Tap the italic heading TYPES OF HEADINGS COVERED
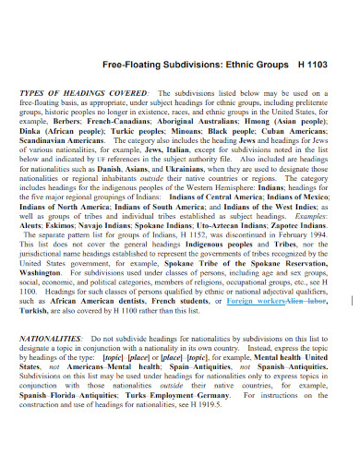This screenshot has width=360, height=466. [x=81, y=94]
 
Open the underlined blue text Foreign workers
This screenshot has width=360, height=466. [x=254, y=301]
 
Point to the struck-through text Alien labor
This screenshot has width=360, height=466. [x=306, y=301]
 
